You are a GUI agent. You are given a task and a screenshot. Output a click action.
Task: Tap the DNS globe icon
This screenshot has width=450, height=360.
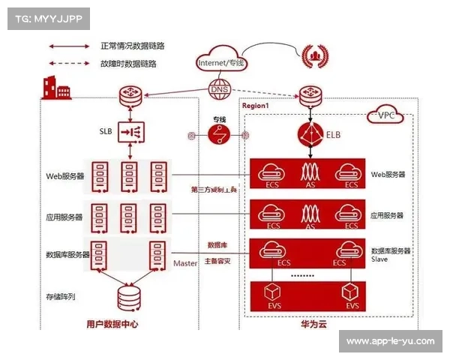tap(219, 91)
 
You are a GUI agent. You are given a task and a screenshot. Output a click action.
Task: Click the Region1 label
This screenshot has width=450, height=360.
tap(256, 106)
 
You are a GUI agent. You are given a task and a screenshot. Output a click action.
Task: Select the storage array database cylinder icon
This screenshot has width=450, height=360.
tap(127, 298)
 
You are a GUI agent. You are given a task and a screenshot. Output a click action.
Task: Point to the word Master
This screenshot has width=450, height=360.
tap(184, 264)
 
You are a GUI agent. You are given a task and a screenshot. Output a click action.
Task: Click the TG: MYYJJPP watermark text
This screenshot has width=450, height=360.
tap(45, 16)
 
